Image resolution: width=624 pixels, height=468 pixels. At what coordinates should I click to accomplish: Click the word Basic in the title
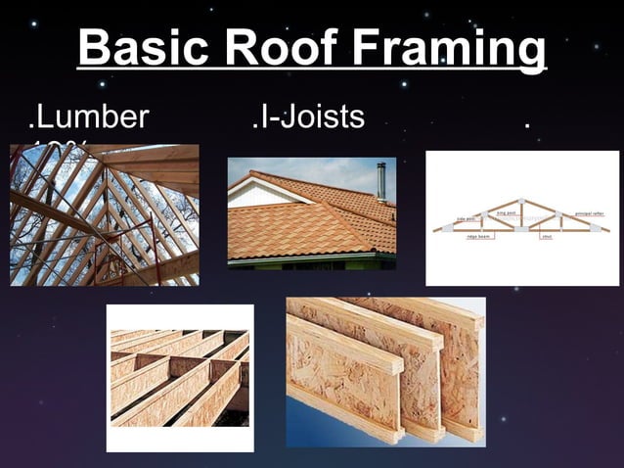[148, 47]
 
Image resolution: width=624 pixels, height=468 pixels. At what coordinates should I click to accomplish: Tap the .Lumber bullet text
[89, 117]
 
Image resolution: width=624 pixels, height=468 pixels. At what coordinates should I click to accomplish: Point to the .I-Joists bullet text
[307, 117]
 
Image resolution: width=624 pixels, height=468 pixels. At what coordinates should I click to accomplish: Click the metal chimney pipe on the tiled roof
[380, 182]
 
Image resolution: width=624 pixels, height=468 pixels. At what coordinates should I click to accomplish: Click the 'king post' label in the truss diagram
[507, 211]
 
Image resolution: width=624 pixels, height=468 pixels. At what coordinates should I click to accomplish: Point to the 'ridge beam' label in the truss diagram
[480, 238]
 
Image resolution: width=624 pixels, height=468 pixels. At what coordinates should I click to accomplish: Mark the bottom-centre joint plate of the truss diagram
[523, 230]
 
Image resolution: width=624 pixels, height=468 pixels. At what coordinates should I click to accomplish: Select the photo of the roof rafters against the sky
[104, 214]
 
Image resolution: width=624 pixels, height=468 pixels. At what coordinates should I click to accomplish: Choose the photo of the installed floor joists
[179, 377]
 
